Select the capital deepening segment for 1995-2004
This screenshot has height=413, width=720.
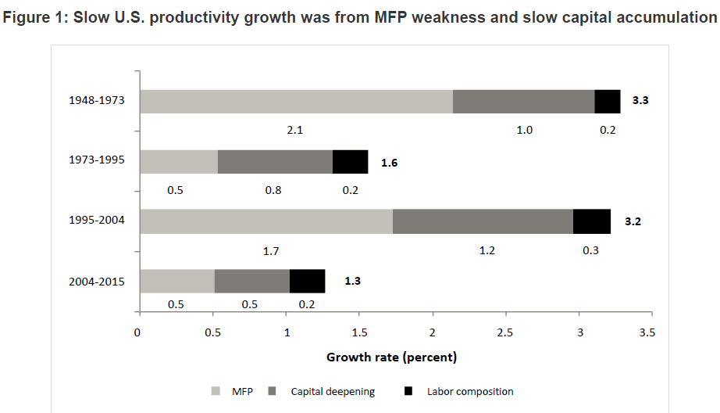[483, 221]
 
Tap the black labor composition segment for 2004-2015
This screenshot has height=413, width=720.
[307, 282]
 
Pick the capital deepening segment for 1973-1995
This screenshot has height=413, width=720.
[275, 162]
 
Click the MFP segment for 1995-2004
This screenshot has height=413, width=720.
[266, 221]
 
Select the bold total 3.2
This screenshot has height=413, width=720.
[633, 222]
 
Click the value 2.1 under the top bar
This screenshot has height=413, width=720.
[295, 130]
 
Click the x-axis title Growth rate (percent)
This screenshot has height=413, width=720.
[391, 358]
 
